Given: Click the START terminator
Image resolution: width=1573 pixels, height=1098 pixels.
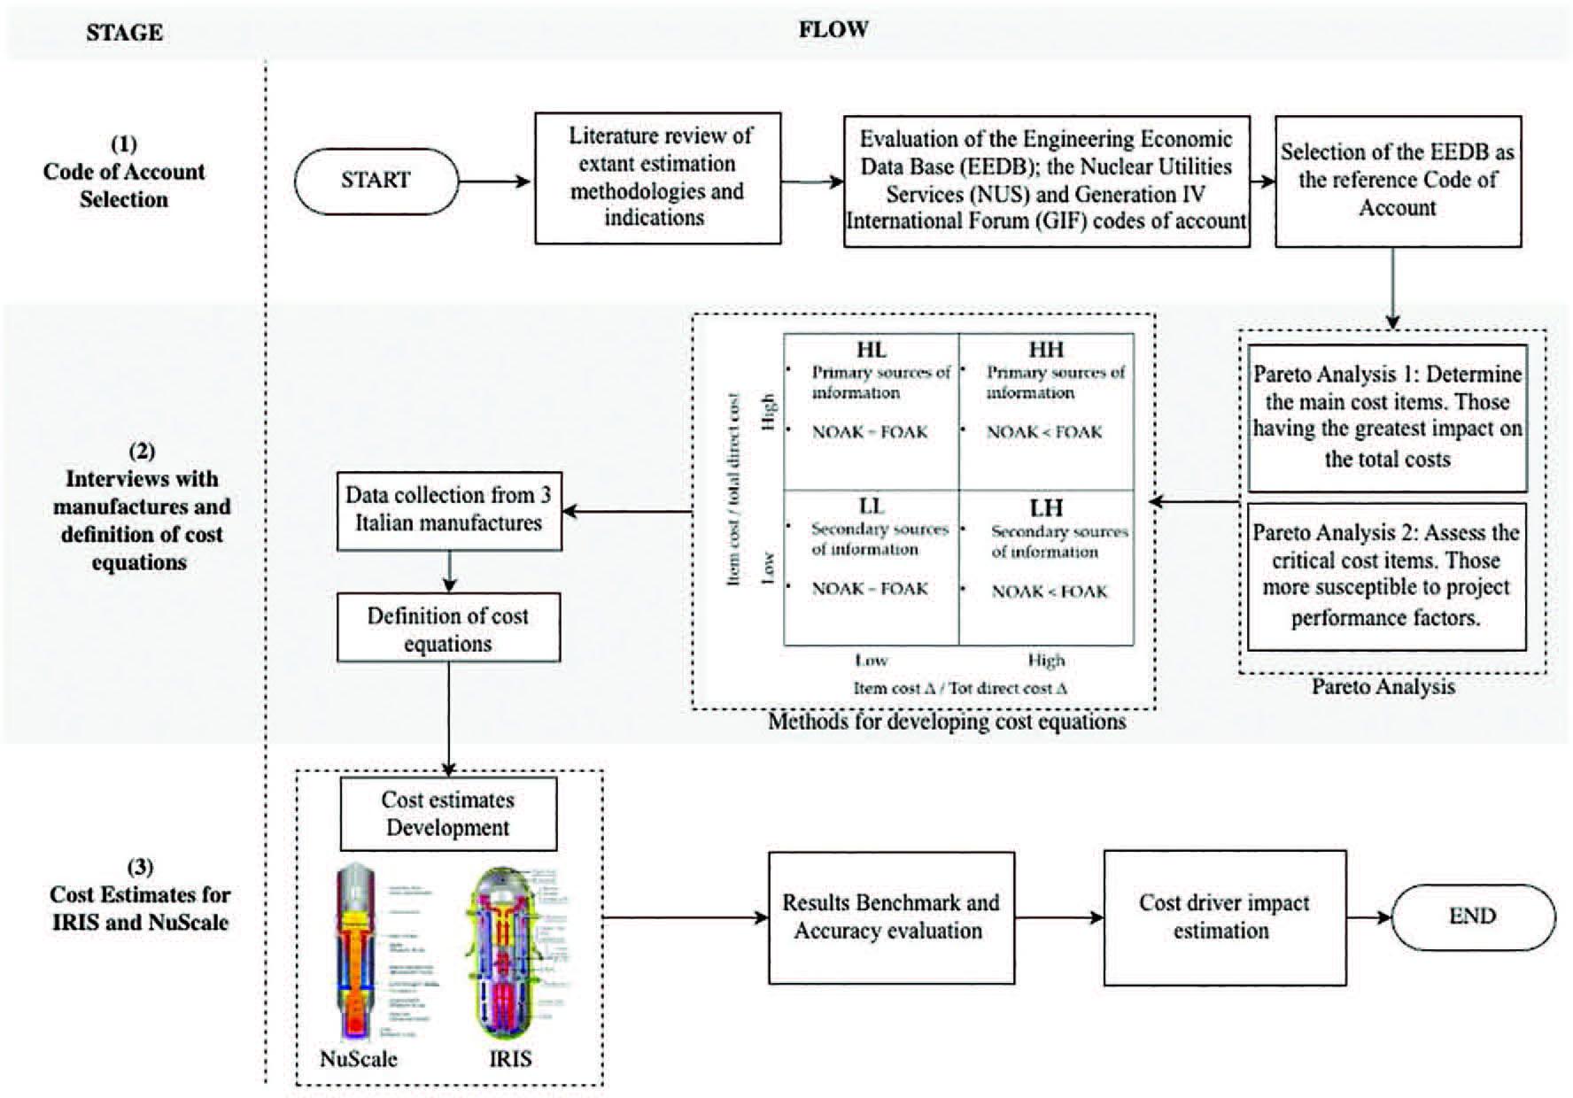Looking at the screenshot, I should point(376,181).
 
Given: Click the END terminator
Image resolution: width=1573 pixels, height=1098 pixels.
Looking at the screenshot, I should point(1473,916).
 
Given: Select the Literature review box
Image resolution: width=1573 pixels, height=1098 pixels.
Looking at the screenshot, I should point(658,178).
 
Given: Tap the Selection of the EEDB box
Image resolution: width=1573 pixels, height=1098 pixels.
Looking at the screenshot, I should point(1398,181).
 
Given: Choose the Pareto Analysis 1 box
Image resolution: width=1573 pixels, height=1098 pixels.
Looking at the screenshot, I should point(1387,417).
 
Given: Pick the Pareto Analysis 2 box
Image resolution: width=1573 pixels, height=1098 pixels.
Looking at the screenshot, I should point(1387,576).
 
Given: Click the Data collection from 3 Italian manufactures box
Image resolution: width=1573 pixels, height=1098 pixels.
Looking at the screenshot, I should point(449,510).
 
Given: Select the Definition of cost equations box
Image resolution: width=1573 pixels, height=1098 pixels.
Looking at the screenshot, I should point(448,629).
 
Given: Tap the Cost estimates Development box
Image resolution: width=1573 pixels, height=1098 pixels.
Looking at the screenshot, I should point(448,814).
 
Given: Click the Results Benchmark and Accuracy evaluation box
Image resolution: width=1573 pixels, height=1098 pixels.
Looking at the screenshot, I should point(891,917).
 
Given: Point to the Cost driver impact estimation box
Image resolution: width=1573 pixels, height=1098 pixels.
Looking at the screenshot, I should point(1224,917).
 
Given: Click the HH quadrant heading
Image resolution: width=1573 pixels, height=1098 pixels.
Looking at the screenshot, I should point(1046,350).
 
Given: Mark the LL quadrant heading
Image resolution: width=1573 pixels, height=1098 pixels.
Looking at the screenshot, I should point(872,506).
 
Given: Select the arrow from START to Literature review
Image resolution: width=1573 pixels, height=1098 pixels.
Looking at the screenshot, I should point(495,182).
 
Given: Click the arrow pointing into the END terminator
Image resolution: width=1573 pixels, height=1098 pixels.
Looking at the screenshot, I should point(1369,917).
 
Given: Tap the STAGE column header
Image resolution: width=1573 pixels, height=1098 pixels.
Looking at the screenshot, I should point(125,34).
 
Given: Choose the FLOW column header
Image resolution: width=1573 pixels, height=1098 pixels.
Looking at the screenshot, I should point(833,30).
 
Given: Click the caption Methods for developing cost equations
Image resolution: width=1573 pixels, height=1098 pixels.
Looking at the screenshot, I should point(947,723).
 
